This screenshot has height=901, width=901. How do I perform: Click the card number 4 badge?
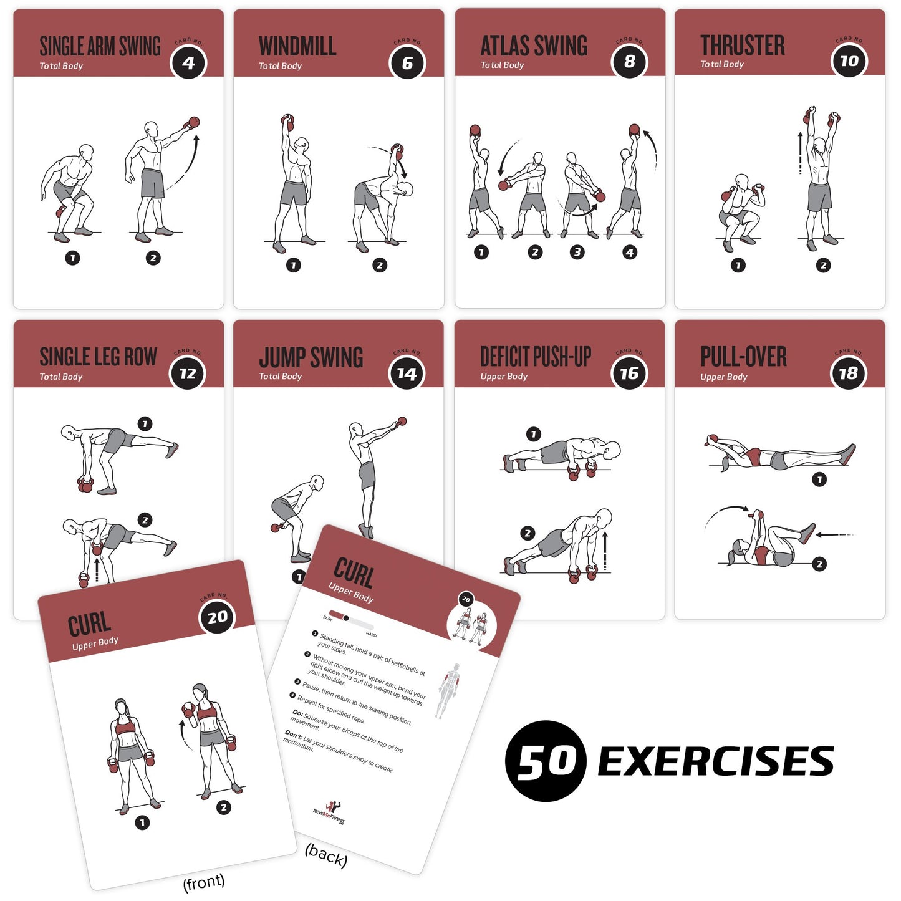pos(188,62)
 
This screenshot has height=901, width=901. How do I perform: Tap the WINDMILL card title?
pos(297,47)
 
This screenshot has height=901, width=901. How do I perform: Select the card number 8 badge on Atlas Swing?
pos(629,62)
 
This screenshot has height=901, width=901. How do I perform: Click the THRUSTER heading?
pos(742,46)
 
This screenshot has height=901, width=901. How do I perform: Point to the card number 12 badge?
pos(188,373)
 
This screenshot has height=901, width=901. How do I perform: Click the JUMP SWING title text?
pos(311,358)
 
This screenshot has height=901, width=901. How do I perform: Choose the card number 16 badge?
pos(629,373)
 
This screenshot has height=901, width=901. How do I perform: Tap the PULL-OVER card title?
pos(743,357)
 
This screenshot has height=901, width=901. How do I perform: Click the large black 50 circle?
pos(546,761)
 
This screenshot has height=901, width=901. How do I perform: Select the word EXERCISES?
pos(716,761)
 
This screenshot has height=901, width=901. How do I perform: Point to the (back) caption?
pos(325,855)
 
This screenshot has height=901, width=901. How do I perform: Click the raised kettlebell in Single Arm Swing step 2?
pos(193,122)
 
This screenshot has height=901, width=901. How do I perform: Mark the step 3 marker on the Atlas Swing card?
pos(577,253)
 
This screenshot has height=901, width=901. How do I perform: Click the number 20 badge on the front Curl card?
pos(217,617)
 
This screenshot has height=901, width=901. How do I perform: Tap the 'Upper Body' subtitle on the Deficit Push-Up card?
pos(504,377)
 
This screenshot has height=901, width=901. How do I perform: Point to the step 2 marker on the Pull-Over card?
pos(819,564)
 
